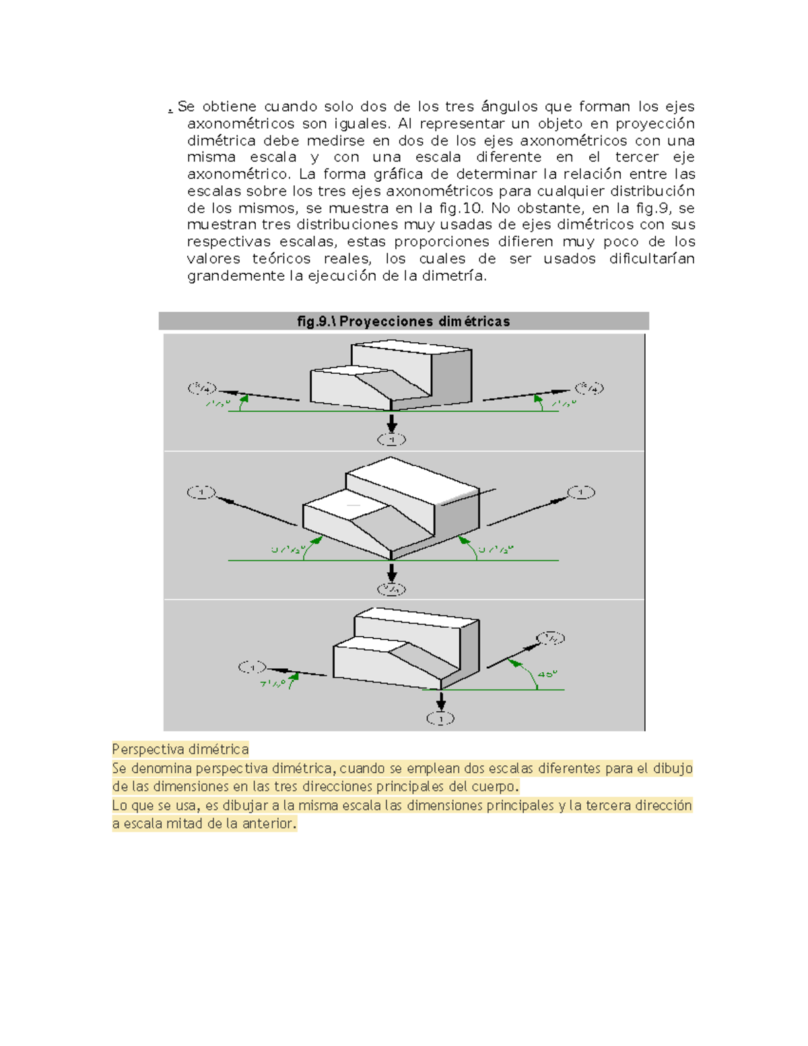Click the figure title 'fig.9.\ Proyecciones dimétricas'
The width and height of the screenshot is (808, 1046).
point(403,321)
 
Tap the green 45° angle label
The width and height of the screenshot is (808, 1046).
point(547,674)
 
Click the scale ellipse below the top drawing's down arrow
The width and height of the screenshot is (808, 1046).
point(391,440)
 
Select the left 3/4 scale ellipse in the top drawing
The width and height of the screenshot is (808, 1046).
point(202,388)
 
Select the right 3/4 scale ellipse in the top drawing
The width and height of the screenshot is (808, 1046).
point(589,388)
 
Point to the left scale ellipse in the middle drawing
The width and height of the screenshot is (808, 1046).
point(201,492)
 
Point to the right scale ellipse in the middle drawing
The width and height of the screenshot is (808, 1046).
point(580,492)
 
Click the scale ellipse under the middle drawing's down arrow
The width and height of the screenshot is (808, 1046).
point(391,589)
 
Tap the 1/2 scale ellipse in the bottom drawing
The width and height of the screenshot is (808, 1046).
point(550,638)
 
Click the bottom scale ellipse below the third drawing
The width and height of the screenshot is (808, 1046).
point(440,719)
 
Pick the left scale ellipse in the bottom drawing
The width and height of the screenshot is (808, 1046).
point(252,667)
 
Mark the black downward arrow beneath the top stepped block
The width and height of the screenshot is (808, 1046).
point(391,424)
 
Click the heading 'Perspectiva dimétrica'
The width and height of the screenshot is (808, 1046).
point(180,749)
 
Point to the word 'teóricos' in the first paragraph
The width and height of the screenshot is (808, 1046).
point(281,259)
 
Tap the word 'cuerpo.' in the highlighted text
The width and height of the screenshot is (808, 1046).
point(495,786)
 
